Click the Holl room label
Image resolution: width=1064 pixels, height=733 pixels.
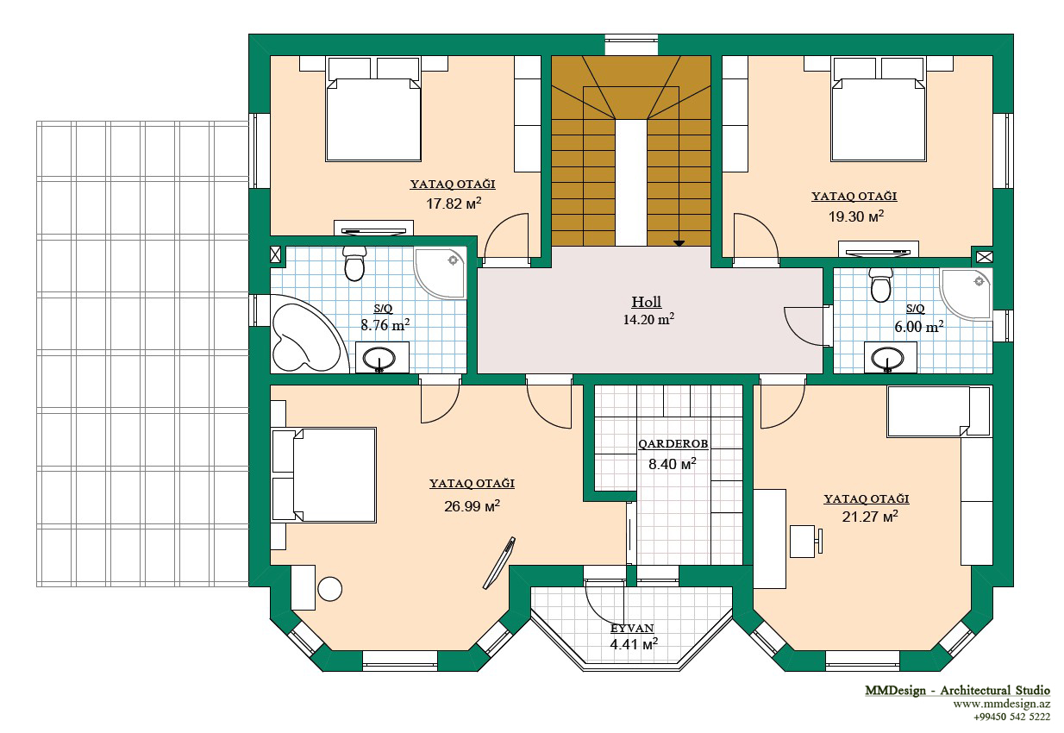pos(646,302)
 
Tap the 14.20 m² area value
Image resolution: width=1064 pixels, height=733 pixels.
pos(648,319)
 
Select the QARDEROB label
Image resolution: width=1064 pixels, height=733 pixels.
pos(673,444)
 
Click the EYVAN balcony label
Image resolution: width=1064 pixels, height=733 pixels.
pos(632,628)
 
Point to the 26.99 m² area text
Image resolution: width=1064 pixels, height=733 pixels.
pos(472,506)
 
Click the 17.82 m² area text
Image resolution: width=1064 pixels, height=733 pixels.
pos(454,204)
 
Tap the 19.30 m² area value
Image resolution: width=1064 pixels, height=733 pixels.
pos(856,216)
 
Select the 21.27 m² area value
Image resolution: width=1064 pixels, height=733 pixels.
pos(870,517)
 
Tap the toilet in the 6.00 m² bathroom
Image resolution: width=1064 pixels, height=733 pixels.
pos(880,285)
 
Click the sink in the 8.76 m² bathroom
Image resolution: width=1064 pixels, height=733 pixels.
pos(379,358)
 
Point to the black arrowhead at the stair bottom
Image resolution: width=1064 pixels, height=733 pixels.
pos(679,243)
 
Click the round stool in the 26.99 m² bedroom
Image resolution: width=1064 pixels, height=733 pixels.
pos(329,589)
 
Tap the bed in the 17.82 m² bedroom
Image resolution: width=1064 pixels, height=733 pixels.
pos(373,110)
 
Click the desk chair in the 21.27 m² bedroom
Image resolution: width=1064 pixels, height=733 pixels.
pos(806,541)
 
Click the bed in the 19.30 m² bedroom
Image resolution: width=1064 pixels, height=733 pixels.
pos(879,110)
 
